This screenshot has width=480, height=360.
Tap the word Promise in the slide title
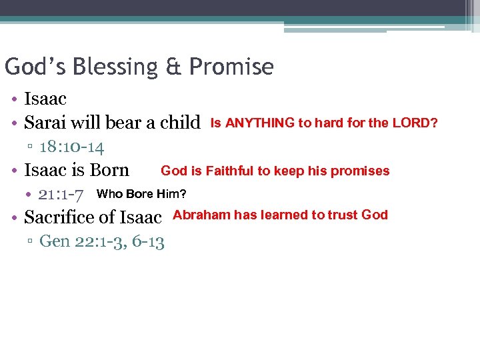231,67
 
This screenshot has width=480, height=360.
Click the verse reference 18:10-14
71,147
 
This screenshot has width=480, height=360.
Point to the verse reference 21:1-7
61,195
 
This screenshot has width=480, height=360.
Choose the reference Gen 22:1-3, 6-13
101,241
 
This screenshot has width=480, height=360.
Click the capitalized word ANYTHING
260,123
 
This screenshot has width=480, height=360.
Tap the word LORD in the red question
414,123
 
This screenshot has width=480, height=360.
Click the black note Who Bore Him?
141,194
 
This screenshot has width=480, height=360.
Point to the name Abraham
201,215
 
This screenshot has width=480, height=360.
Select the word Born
109,171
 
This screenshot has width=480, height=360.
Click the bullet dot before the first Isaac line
14,99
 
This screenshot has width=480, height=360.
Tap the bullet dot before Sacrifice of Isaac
14,217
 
